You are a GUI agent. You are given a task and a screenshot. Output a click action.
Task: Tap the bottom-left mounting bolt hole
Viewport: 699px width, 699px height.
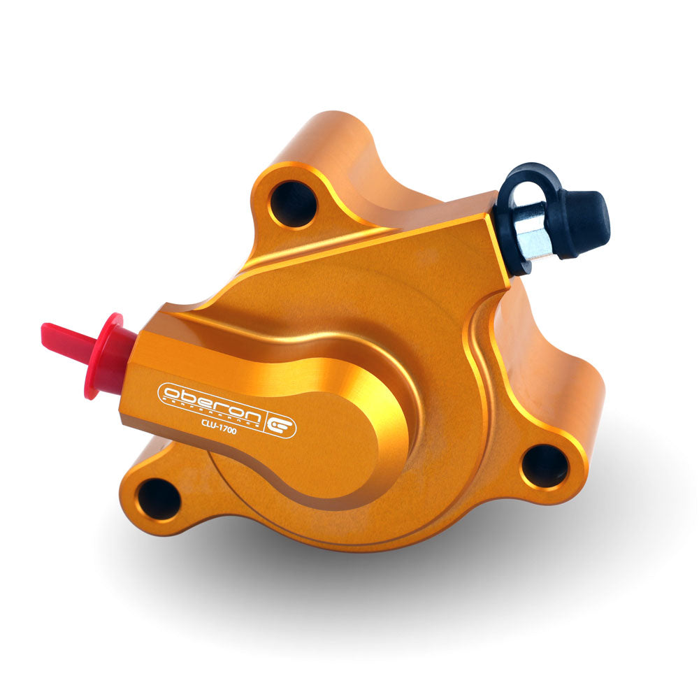159,499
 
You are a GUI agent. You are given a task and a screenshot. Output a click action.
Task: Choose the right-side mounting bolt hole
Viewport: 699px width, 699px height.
545,466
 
